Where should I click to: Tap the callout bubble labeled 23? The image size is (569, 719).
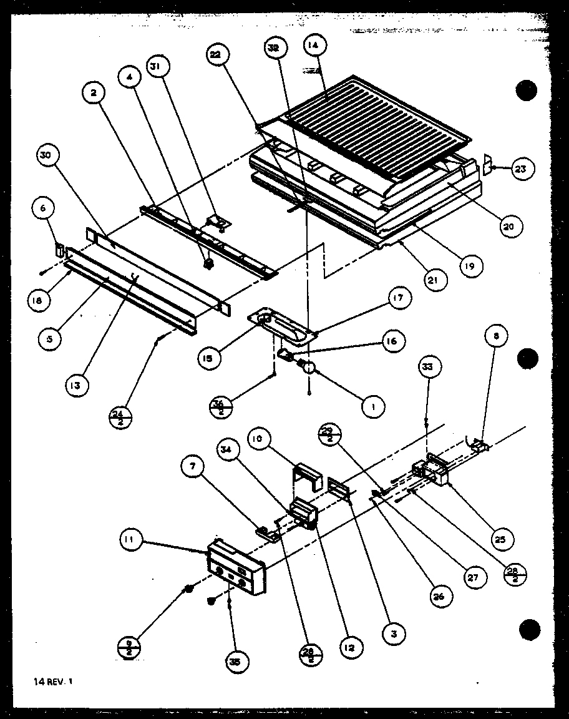click(523, 168)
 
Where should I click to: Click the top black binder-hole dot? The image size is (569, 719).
click(526, 91)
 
